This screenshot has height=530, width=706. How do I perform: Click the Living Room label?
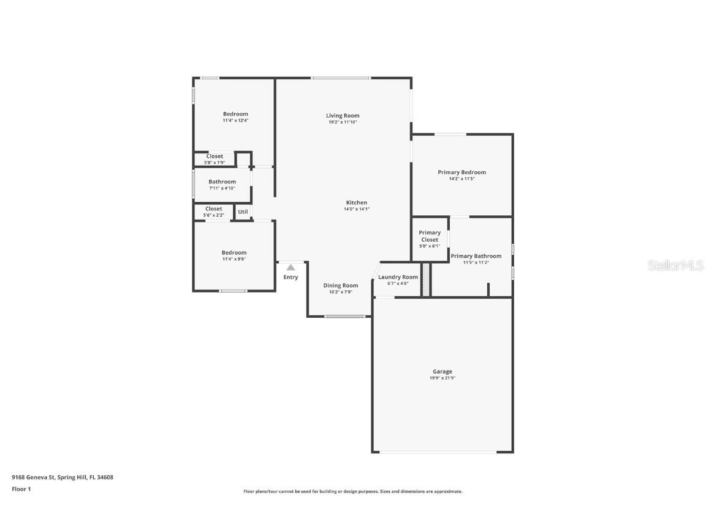(343, 115)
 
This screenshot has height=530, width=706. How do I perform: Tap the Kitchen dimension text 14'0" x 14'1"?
(356, 209)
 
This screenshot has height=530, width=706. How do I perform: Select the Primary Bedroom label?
(461, 172)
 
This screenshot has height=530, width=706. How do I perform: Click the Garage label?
(442, 371)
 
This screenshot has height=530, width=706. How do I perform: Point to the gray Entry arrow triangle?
(290, 267)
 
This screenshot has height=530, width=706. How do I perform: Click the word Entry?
(290, 277)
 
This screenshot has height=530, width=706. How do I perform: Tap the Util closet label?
(243, 212)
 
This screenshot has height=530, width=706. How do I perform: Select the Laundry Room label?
(398, 277)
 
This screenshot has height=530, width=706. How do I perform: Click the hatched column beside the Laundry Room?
(426, 280)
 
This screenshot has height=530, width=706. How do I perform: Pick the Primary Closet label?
(430, 236)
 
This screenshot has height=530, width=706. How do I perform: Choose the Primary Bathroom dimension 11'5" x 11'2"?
(476, 263)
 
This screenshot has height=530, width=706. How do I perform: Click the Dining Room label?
(341, 285)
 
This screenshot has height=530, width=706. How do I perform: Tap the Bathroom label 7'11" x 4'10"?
(222, 182)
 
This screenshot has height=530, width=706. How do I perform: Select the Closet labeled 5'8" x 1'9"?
(214, 156)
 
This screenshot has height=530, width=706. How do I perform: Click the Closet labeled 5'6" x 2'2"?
(214, 209)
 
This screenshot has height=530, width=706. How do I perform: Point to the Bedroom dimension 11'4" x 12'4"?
(235, 121)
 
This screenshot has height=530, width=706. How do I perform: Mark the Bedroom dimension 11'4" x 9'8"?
(234, 259)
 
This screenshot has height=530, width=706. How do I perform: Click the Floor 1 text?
(21, 489)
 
